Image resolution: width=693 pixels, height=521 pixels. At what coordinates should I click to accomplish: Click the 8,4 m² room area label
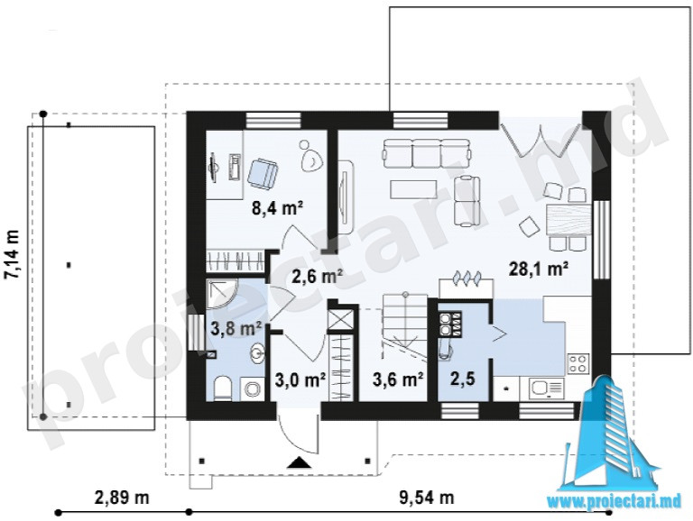(x=277, y=208)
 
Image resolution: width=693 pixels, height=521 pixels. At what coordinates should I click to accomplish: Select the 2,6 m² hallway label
(x=318, y=277)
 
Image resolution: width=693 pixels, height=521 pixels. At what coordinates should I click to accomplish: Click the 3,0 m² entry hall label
(x=300, y=379)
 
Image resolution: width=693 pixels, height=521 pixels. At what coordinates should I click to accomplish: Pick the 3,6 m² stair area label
(x=399, y=379)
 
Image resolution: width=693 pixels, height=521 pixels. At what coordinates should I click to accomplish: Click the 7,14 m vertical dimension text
(x=12, y=254)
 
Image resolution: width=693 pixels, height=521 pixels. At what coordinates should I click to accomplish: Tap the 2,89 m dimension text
(x=122, y=498)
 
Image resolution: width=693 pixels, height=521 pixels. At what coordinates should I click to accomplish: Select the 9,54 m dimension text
(x=427, y=498)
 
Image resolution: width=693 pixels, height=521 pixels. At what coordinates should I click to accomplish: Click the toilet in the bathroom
(x=221, y=388)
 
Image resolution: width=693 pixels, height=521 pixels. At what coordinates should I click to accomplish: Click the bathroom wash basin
(x=257, y=352)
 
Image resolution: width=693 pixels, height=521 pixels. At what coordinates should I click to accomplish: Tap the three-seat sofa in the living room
(x=426, y=153)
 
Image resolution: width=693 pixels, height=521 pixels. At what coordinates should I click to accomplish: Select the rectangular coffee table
(x=413, y=189)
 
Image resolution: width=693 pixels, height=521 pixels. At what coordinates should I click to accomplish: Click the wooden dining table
(x=568, y=220)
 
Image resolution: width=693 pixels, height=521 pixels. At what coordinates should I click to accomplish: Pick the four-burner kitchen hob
(x=578, y=363)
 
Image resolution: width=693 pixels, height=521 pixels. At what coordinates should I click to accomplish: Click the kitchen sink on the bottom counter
(x=546, y=388)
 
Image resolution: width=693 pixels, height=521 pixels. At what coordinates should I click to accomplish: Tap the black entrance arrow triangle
(x=300, y=462)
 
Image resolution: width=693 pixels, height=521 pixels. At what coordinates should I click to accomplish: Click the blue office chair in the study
(x=263, y=173)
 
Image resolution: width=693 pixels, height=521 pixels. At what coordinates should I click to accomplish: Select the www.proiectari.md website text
(x=614, y=501)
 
